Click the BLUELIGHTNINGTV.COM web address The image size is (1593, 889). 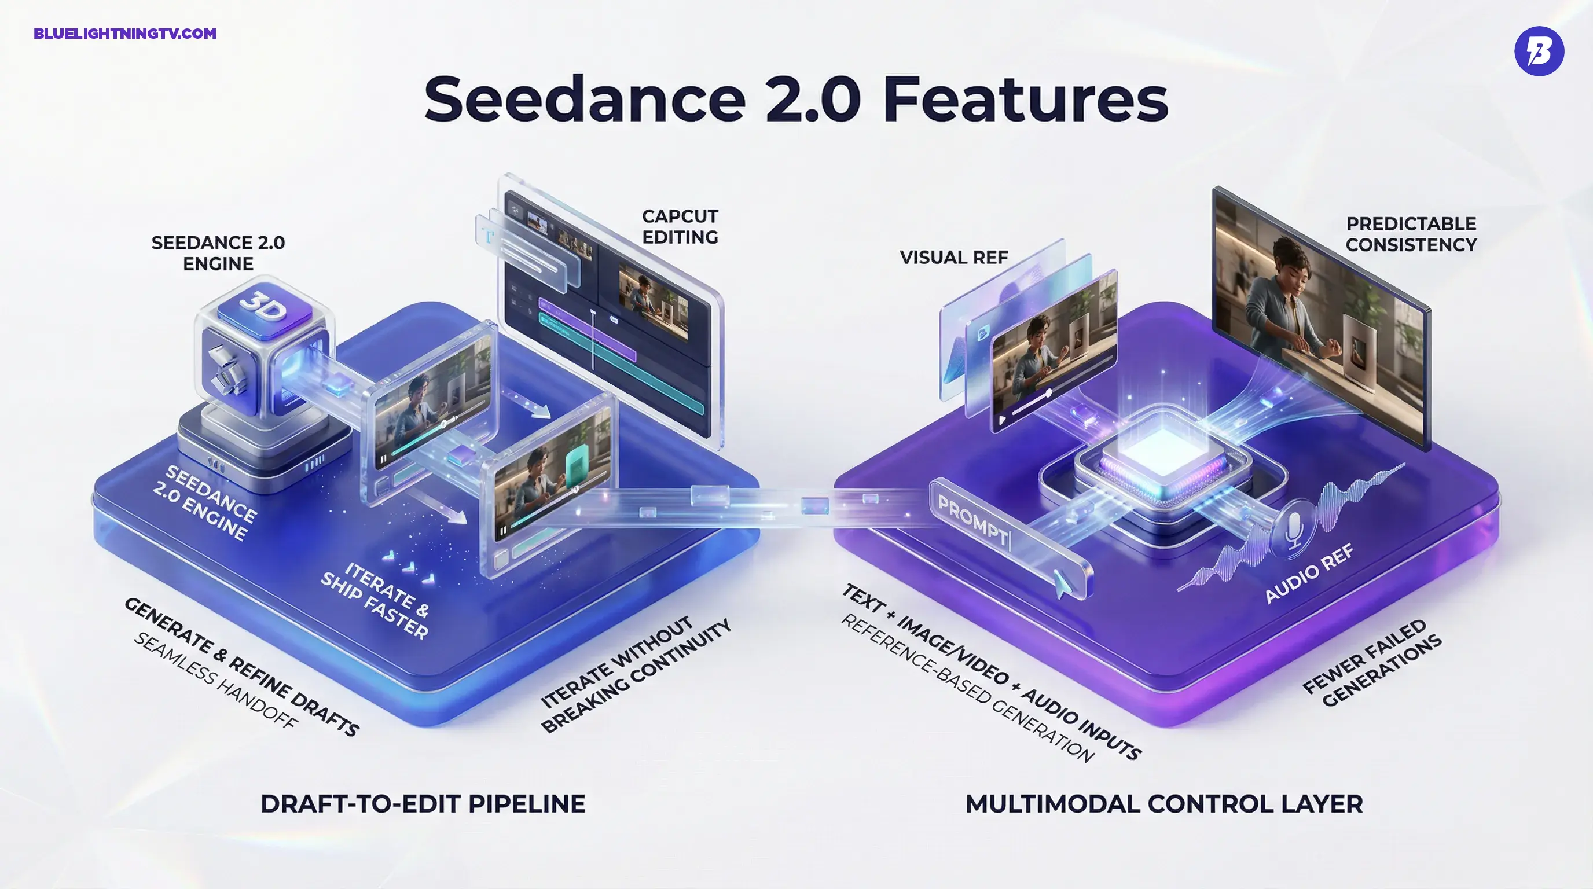click(x=125, y=34)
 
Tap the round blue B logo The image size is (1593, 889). click(x=1539, y=51)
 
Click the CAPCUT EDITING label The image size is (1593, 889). click(x=680, y=226)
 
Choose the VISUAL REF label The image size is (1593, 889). click(x=953, y=257)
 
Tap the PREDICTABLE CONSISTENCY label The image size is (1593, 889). click(x=1411, y=234)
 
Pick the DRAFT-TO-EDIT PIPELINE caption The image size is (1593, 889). click(x=423, y=804)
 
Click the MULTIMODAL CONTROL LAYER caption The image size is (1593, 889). click(x=1164, y=804)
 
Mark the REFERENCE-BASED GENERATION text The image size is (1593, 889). click(x=968, y=688)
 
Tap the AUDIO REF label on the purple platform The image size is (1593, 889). click(x=1309, y=573)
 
